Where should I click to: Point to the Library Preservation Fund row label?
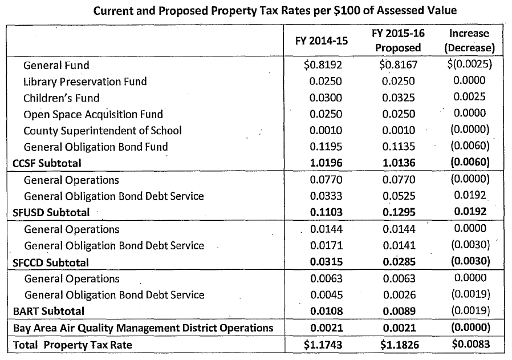(x=85, y=82)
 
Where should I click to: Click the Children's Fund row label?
(x=62, y=98)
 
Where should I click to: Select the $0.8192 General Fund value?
(x=325, y=65)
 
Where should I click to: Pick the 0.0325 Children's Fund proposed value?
(x=399, y=98)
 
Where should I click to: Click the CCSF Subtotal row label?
(x=47, y=163)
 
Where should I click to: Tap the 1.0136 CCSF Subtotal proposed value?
(x=399, y=163)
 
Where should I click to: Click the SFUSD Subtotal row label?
(x=51, y=213)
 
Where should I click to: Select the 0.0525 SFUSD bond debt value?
(x=399, y=196)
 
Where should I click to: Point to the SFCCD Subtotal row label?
(x=51, y=262)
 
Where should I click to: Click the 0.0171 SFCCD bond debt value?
(x=326, y=246)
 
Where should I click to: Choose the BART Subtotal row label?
(x=48, y=312)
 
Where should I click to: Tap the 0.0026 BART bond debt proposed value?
(x=399, y=295)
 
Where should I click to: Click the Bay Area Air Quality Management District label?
(x=143, y=328)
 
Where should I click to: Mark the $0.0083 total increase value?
(x=470, y=345)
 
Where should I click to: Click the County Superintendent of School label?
(x=103, y=131)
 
